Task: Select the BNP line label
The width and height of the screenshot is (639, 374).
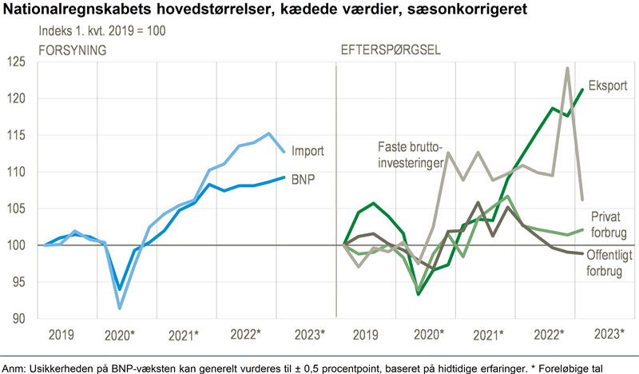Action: [302, 179]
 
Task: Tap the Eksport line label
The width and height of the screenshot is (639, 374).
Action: [608, 85]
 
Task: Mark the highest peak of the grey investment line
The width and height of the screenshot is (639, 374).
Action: [567, 69]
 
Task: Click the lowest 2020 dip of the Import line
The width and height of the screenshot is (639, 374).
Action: [120, 308]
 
